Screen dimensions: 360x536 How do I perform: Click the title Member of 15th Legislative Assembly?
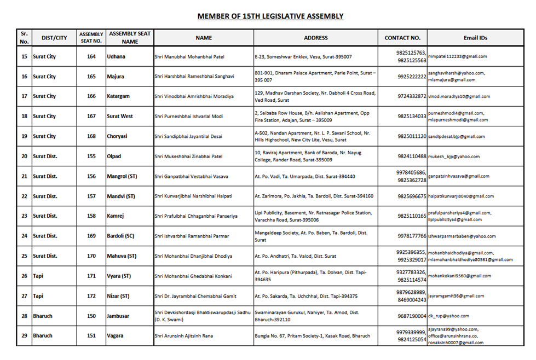(x=270, y=16)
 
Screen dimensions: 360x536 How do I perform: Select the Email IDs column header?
(x=475, y=38)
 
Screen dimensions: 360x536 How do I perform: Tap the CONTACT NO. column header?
(x=402, y=38)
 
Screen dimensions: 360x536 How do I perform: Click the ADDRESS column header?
(x=316, y=38)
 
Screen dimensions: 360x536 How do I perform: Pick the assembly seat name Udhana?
(x=116, y=56)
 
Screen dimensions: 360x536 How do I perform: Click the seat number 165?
(x=91, y=77)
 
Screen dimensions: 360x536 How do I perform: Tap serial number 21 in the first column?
(x=24, y=176)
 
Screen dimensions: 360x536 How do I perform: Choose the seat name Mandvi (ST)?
(x=121, y=196)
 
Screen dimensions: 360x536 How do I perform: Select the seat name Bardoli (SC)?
(x=122, y=236)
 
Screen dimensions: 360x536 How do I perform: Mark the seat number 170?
(x=91, y=256)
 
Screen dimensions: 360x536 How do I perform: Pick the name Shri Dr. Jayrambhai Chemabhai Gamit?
(x=195, y=296)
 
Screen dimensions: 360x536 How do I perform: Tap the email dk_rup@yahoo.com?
(x=449, y=316)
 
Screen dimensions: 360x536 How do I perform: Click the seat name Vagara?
(x=115, y=336)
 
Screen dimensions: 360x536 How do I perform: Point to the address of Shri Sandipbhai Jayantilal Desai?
(x=312, y=136)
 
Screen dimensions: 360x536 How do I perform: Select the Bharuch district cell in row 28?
(x=43, y=316)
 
